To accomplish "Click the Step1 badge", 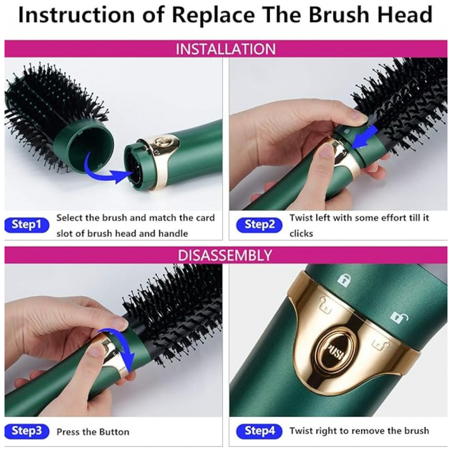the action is (27, 225).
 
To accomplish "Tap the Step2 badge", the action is (259, 225).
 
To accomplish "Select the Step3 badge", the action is (27, 431).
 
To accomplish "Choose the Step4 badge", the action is (259, 431).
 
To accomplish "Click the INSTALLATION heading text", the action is (226, 49).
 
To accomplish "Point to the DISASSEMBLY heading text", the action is (225, 255).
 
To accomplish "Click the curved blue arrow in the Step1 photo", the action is (107, 170).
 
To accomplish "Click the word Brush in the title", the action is (339, 14).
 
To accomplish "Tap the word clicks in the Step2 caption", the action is (301, 233).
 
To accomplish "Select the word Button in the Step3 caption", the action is (114, 432).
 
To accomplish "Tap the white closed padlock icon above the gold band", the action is (344, 280).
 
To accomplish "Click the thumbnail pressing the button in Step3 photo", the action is (96, 351).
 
